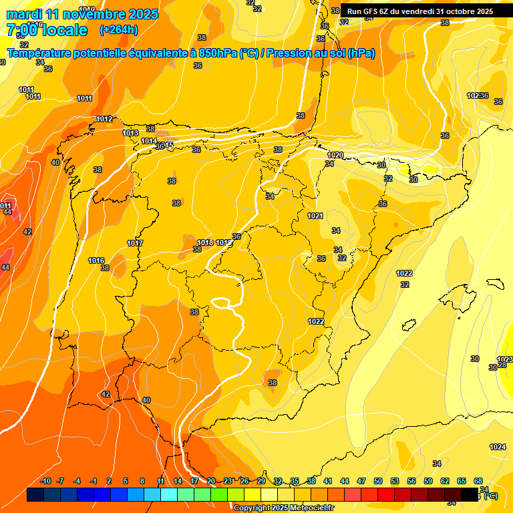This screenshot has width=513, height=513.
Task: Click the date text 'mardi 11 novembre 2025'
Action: pos(82,14)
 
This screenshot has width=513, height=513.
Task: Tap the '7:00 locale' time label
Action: pos(47,30)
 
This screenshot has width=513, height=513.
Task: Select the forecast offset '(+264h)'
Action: pos(118,30)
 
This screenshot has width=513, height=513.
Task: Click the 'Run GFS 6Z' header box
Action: pos(420,11)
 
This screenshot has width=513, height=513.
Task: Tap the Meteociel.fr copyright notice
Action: pos(284,508)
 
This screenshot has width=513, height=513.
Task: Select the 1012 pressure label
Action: pos(104,119)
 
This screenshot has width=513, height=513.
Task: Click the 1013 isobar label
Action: pos(130,134)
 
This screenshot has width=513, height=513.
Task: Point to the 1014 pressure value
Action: pos(149,142)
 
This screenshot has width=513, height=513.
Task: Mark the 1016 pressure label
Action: pos(96,261)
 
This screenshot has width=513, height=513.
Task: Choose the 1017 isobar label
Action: pos(135,244)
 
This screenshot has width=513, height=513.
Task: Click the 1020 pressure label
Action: pos(335,156)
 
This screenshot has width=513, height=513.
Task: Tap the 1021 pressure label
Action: pos(315,216)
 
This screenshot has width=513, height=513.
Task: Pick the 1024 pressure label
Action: pos(498,447)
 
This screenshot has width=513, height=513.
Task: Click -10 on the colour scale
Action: pos(45,482)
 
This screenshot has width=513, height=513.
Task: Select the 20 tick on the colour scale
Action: pos(211,482)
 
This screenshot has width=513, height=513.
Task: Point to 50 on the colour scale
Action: pos(378,482)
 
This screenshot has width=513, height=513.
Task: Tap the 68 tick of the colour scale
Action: pos(478,482)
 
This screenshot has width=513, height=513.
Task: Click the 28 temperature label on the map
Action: pos(502,364)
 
